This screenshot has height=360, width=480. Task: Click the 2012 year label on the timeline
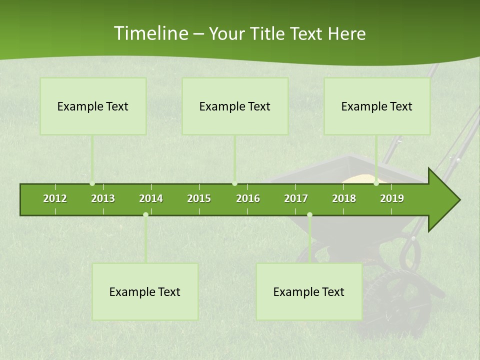(x=55, y=198)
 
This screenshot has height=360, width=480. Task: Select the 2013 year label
(x=103, y=198)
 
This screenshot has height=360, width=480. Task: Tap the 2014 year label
(x=151, y=198)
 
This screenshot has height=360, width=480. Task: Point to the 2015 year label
(x=199, y=198)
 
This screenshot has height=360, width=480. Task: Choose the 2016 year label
(x=248, y=198)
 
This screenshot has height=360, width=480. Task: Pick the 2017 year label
(x=296, y=198)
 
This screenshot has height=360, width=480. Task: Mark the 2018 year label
(x=344, y=198)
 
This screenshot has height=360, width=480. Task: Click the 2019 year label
(x=392, y=198)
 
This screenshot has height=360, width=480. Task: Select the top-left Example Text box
(x=93, y=106)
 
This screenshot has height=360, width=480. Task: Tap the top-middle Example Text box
(x=235, y=106)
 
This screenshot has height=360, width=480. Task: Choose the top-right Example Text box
(x=377, y=106)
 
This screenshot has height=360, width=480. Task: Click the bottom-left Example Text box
(x=145, y=291)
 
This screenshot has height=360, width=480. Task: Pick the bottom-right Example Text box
(x=309, y=291)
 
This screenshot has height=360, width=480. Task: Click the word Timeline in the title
(x=150, y=33)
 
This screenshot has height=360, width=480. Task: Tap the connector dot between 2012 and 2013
(x=92, y=183)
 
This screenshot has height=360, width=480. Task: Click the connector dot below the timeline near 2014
(x=145, y=215)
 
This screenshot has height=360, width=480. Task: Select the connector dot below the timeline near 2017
(x=309, y=215)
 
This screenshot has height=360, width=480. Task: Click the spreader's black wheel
(x=400, y=300)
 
